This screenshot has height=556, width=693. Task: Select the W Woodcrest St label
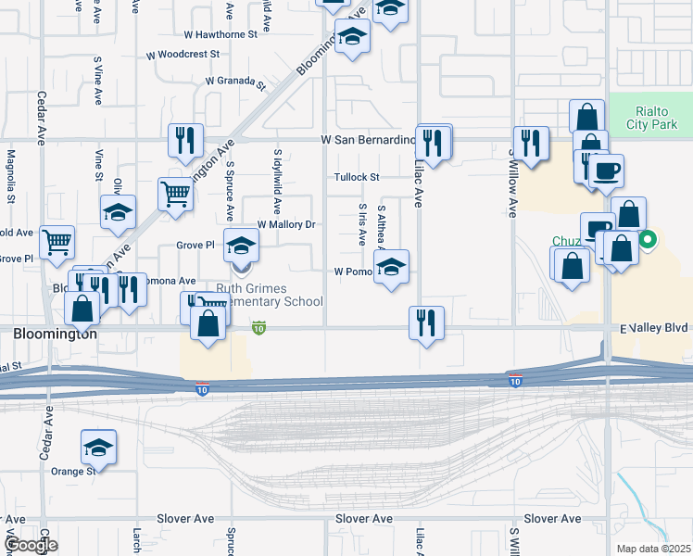[183, 55]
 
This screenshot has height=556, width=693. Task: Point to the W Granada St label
[235, 82]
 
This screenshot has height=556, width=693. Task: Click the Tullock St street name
[357, 177]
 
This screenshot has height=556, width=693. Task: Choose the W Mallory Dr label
[286, 224]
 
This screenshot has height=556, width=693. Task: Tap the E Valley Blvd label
[654, 328]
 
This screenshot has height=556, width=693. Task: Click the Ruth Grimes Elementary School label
[270, 295]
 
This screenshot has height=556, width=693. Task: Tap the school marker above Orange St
[98, 448]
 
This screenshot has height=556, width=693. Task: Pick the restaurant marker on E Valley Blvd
[426, 323]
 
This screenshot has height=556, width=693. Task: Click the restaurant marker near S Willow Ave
[530, 143]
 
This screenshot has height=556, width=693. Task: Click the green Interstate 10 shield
[258, 328]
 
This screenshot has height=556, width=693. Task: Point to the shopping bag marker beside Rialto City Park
[587, 117]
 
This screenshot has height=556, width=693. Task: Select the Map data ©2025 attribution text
[653, 549]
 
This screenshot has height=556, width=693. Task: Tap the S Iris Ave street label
[362, 225]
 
